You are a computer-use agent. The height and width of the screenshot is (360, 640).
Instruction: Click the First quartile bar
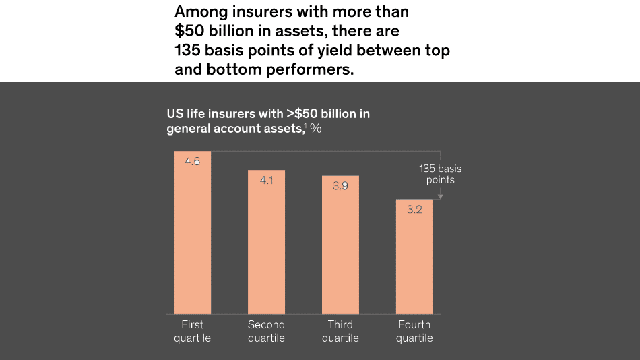coord(192,233)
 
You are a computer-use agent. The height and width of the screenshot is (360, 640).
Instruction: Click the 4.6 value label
coord(192,162)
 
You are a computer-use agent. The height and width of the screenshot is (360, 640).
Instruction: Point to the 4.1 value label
coord(266,181)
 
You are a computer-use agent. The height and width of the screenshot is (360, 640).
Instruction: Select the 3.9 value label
coord(340,186)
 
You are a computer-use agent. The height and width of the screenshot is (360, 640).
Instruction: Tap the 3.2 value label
coord(414,210)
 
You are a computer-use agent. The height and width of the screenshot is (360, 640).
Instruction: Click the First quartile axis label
coord(192,331)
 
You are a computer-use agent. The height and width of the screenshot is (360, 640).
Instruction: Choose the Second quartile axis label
coord(266,331)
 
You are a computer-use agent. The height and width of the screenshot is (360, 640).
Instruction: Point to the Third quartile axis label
coord(340,331)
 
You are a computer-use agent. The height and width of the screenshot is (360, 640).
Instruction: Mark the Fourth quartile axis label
coord(414,331)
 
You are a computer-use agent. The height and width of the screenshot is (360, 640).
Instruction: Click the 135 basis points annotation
coord(440,174)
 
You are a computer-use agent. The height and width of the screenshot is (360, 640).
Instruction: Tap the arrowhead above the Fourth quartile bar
coord(440,196)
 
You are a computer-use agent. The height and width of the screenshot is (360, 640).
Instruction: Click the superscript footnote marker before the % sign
coord(305,126)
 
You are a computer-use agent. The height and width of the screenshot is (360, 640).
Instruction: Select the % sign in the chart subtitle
coord(315,129)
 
